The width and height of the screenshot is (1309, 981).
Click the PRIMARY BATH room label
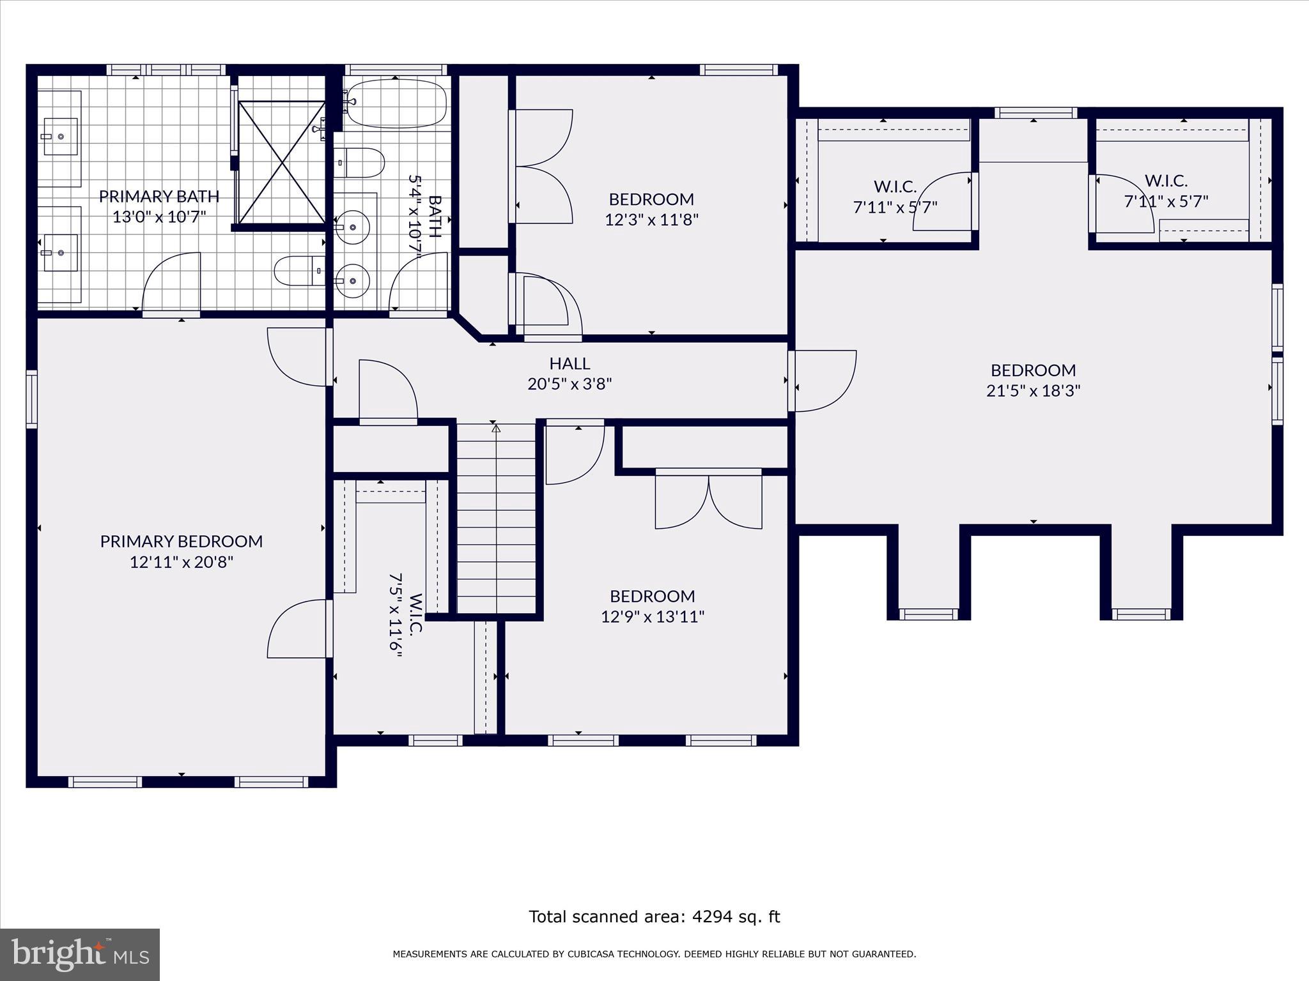159,196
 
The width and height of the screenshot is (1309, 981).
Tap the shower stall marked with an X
281,162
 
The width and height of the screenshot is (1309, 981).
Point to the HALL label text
569,363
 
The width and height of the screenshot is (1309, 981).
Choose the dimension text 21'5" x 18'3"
1033,391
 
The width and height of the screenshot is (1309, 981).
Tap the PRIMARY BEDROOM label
181,542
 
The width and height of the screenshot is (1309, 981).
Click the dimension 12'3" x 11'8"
651,220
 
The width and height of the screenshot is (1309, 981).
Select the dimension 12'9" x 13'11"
652,617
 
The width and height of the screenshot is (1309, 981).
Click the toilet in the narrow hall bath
358,163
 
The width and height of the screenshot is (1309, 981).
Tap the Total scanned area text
654,916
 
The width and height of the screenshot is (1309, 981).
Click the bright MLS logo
79,954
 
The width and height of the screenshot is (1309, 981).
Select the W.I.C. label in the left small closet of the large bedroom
895,186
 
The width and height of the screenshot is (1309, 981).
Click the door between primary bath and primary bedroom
171,284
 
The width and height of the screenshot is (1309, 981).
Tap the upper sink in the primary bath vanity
61,136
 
